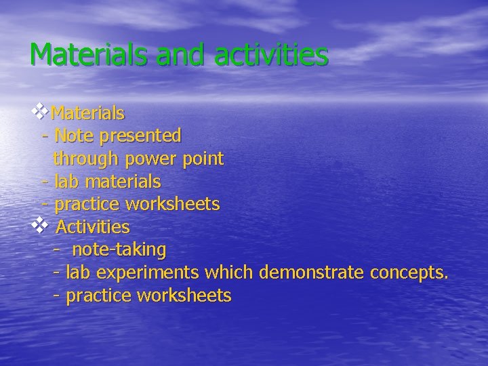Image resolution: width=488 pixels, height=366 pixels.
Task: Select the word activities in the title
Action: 272,55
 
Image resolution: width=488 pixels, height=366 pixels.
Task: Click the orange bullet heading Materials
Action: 87,112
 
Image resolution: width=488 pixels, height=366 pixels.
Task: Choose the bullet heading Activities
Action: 92,226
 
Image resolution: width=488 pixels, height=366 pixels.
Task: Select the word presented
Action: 140,136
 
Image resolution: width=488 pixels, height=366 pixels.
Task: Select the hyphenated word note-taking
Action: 119,250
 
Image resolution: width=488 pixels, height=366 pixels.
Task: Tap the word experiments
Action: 147,272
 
